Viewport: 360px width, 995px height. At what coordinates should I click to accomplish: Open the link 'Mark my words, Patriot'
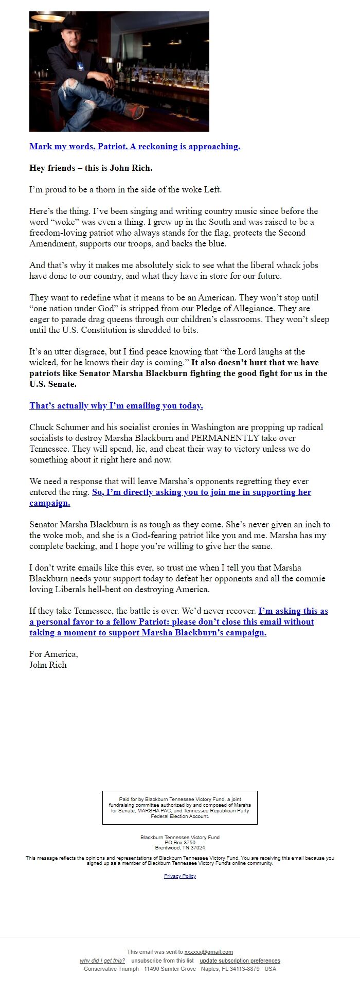[135, 147]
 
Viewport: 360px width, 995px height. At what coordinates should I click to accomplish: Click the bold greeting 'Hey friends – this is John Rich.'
[91, 168]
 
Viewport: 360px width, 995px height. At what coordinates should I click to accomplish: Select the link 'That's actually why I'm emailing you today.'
[116, 406]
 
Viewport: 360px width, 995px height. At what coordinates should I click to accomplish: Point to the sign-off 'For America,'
[53, 654]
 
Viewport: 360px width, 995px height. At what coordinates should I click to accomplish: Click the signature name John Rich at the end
[48, 665]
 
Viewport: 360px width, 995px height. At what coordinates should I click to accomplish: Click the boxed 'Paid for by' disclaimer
[180, 808]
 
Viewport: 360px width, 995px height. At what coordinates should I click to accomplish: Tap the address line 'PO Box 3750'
[180, 843]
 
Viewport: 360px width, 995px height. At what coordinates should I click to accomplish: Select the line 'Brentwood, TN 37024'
[180, 848]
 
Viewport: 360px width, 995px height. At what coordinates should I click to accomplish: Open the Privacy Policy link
[180, 876]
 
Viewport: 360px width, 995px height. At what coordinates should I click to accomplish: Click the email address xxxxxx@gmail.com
[208, 952]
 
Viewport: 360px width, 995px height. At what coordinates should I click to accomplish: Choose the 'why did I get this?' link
[102, 961]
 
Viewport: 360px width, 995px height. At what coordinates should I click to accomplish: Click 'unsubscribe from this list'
[163, 961]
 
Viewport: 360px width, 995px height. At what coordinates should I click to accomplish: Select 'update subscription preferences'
[240, 961]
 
